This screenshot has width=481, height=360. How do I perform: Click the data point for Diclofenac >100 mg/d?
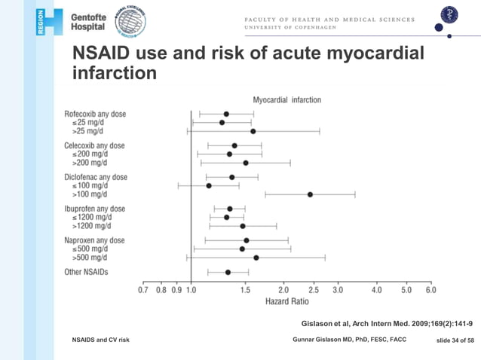click(x=310, y=194)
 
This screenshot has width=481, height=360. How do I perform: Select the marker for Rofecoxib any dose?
click(x=226, y=114)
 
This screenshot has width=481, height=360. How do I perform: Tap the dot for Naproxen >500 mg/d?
click(x=256, y=258)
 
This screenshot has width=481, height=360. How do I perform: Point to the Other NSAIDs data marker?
click(x=228, y=273)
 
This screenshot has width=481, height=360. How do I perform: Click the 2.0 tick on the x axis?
click(x=283, y=290)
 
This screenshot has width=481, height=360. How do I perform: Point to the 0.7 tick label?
click(x=143, y=290)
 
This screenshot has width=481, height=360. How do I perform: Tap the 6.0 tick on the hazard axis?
click(x=430, y=290)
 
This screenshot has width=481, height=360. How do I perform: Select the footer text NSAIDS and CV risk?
click(x=101, y=340)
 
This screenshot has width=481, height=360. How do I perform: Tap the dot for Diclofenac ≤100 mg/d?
click(x=209, y=185)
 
